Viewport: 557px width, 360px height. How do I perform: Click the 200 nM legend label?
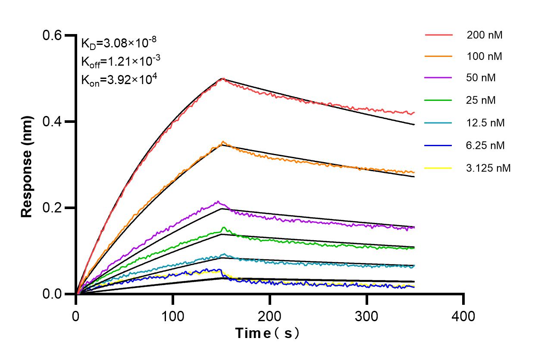click(484, 35)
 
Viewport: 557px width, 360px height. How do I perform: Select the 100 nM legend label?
click(484, 56)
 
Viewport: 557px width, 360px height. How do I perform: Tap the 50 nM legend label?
click(481, 78)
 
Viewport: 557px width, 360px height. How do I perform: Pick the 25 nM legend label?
click(481, 100)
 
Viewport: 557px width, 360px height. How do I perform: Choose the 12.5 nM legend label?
click(485, 123)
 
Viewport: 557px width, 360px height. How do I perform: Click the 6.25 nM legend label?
click(485, 145)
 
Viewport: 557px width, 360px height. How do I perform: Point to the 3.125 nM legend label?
click(488, 168)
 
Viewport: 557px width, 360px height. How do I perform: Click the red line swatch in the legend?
click(438, 34)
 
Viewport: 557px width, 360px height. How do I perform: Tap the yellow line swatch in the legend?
click(438, 168)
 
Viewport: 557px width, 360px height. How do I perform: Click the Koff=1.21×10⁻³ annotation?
click(121, 62)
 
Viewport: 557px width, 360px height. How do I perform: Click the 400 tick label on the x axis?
click(463, 316)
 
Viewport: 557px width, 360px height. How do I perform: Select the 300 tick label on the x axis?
click(366, 316)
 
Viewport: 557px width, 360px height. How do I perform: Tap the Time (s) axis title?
click(267, 333)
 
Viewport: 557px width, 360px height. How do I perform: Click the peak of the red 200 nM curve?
click(222, 79)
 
